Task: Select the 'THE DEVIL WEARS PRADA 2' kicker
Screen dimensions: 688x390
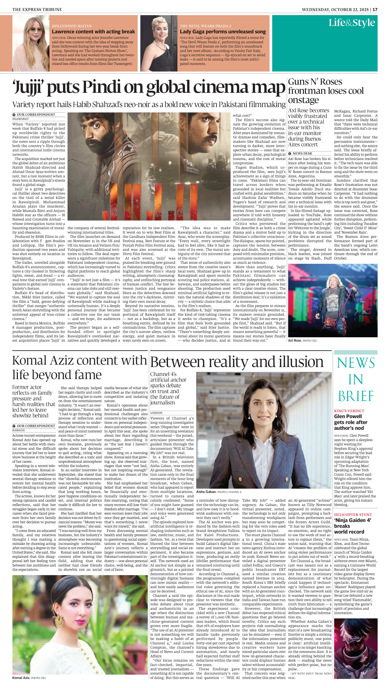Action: click(x=206, y=26)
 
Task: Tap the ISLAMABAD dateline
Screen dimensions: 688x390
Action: click(x=20, y=119)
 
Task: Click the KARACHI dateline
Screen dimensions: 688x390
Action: click(x=18, y=430)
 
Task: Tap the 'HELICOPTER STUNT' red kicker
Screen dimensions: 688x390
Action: click(x=353, y=514)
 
